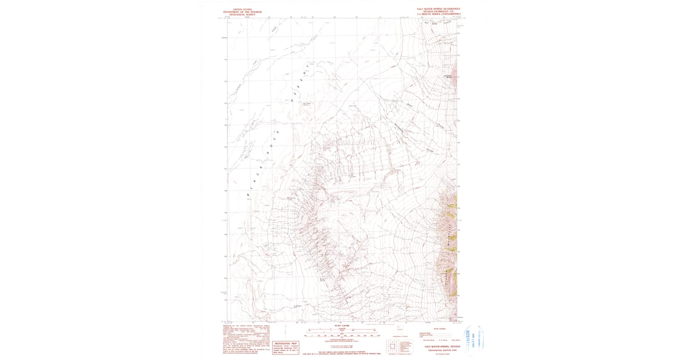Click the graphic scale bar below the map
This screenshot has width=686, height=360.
[x=342, y=335]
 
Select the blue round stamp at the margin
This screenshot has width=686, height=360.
[x=470, y=341]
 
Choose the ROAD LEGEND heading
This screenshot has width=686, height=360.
[x=438, y=329]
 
